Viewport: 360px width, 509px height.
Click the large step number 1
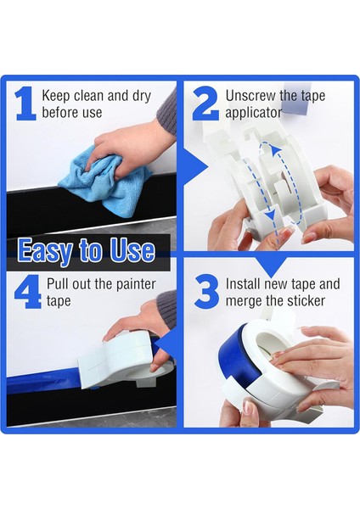coord(25,103)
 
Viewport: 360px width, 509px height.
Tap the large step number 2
coord(205,103)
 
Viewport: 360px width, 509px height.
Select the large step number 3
coord(206,292)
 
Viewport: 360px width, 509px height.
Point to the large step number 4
coord(28,292)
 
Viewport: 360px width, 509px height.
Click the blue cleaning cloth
coord(104,182)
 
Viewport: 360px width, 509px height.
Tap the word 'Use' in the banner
coord(132,250)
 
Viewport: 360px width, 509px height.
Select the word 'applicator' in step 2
coord(253,113)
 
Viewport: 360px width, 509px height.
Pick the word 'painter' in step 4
coord(136,284)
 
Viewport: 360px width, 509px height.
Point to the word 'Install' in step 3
coord(244,283)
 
